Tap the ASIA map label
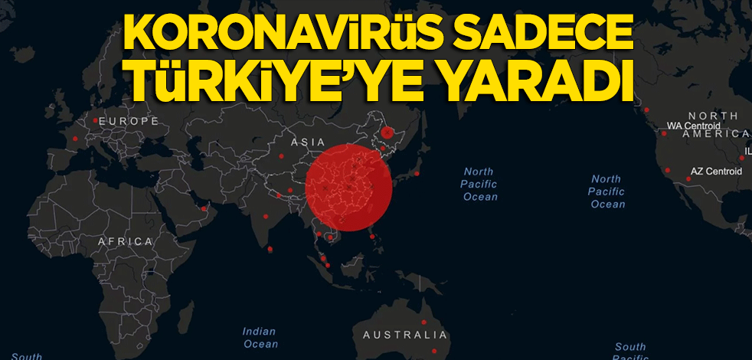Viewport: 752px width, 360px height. pos(308,142)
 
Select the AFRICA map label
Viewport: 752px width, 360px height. pos(126,241)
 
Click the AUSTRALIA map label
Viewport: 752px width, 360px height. pos(404,335)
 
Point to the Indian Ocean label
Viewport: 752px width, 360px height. pos(260,338)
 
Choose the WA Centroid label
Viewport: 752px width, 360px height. pos(694,125)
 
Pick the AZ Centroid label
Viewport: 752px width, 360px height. pos(717,172)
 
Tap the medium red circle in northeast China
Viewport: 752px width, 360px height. pos(387,133)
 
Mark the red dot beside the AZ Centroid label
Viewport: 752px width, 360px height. pos(688,179)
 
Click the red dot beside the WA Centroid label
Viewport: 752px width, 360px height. pos(664,133)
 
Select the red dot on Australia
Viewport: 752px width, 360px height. pos(423,322)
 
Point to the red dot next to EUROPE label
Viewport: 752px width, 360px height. pos(95,121)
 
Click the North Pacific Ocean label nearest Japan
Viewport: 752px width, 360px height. pos(479,184)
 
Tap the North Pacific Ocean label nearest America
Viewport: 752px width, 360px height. pos(607,191)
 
